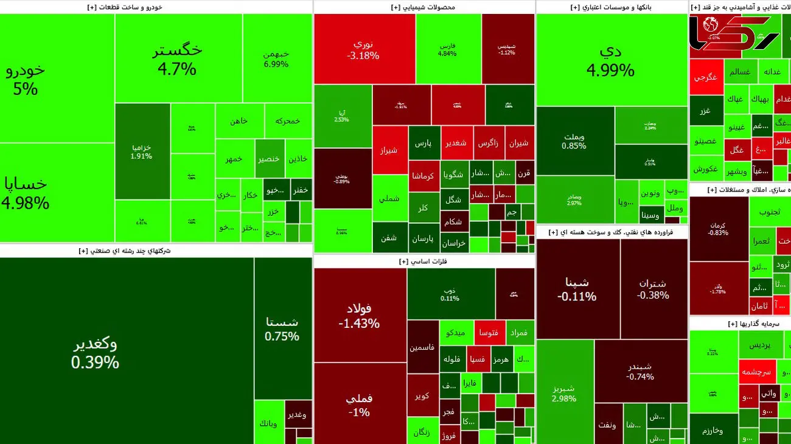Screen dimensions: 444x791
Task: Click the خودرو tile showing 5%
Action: click(x=26, y=79)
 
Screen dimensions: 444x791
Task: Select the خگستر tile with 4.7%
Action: click(x=177, y=59)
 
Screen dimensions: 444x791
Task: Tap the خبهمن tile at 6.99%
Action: click(x=276, y=58)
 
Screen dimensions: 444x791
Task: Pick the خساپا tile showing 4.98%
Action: click(x=26, y=193)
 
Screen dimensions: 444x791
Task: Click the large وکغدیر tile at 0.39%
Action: click(x=96, y=353)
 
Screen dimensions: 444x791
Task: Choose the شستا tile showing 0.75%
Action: click(x=282, y=328)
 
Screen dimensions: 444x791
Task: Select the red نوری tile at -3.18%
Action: click(x=363, y=49)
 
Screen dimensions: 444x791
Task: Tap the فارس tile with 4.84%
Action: click(x=447, y=49)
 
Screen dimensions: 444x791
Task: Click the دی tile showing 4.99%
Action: click(x=610, y=60)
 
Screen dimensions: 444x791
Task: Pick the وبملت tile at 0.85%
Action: click(x=574, y=141)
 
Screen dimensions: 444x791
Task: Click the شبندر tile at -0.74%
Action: click(x=640, y=372)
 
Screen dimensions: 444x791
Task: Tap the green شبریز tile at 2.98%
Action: click(x=564, y=393)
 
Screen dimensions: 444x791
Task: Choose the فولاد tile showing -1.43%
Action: click(x=359, y=315)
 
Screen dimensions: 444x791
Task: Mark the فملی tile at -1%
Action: click(x=359, y=404)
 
